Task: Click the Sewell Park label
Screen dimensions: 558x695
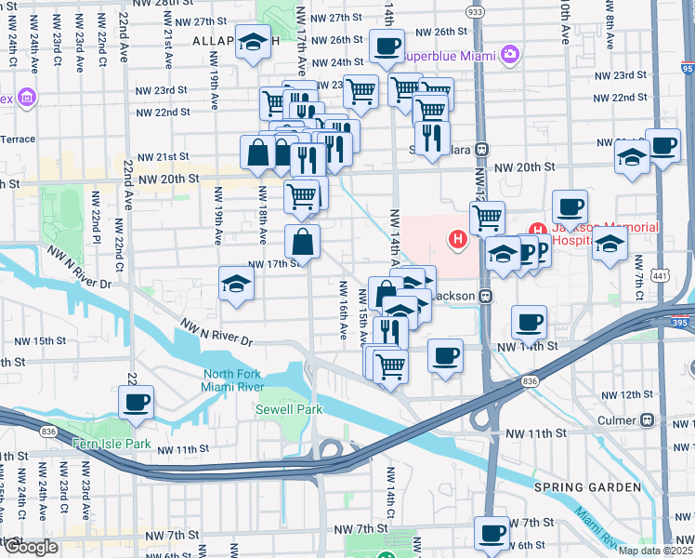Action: tap(289, 409)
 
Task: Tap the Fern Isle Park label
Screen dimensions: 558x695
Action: tap(112, 444)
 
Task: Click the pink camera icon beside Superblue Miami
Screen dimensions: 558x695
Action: tap(509, 55)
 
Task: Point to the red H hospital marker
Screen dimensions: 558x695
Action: tap(457, 240)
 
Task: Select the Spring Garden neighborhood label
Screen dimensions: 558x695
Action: tap(586, 486)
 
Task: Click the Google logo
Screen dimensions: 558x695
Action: tap(31, 547)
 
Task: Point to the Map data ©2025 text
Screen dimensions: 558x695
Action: tap(655, 551)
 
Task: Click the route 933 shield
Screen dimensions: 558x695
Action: tap(476, 11)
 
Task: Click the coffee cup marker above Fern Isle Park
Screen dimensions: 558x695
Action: tap(136, 402)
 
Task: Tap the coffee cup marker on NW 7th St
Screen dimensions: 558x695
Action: tap(492, 533)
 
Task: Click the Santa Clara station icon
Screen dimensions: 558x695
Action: tap(482, 149)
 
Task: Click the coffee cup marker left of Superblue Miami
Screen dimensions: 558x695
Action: tap(387, 45)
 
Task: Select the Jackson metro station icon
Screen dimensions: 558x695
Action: tap(485, 296)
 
